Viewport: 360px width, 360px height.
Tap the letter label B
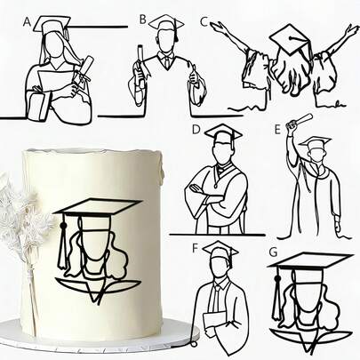[x=143, y=18]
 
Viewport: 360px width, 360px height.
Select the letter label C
[x=204, y=20]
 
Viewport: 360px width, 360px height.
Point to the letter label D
[x=196, y=130]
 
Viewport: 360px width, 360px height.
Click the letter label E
[x=278, y=130]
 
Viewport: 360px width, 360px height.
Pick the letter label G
[x=274, y=253]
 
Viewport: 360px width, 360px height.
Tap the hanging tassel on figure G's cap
[x=276, y=289]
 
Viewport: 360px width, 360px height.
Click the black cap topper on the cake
[x=97, y=213]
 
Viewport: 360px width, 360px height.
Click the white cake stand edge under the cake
[x=98, y=337]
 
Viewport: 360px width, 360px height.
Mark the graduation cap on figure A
[x=54, y=23]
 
